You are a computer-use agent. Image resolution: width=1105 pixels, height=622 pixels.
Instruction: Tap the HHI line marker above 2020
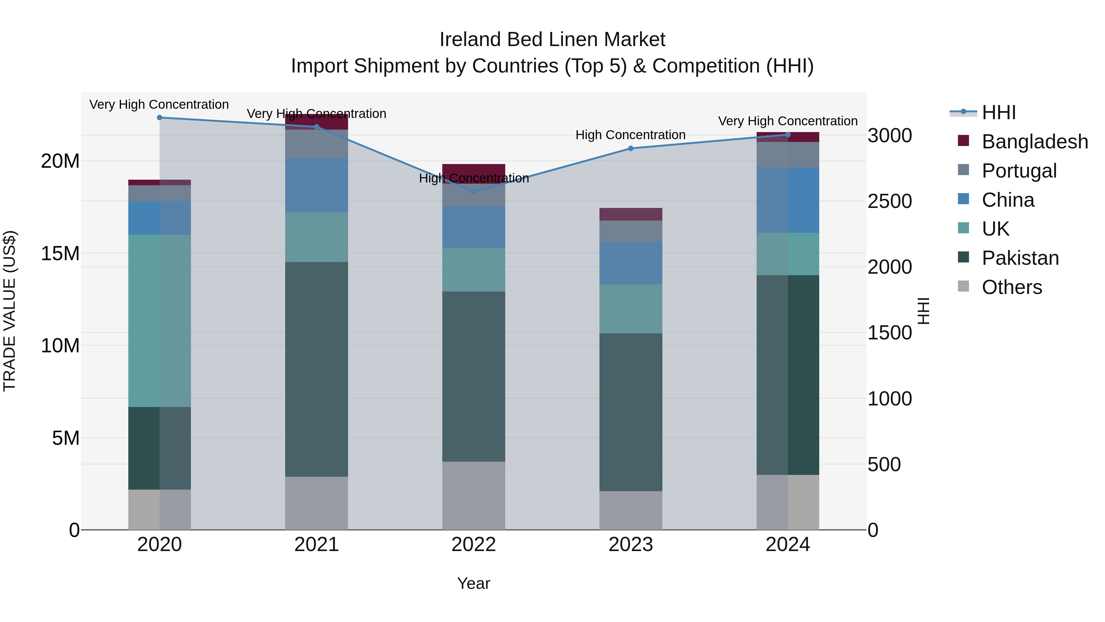click(x=160, y=118)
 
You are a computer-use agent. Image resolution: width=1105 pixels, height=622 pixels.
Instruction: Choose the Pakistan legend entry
click(x=1020, y=258)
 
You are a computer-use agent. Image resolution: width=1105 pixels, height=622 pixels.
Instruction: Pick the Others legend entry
click(x=1011, y=287)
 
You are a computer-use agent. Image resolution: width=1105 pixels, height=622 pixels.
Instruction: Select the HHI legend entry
click(x=998, y=112)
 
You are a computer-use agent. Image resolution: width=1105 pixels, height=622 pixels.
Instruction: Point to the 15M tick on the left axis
click(x=60, y=253)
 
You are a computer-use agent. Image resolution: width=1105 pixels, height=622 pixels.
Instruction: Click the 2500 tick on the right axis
click(x=890, y=201)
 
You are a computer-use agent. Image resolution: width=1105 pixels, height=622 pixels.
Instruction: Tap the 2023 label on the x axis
click(x=630, y=545)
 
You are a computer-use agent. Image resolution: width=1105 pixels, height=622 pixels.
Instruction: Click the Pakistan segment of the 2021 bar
click(x=316, y=369)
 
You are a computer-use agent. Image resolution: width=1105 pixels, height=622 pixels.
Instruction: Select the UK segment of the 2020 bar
click(x=160, y=321)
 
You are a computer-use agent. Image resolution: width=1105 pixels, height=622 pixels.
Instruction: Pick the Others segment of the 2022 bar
click(x=474, y=495)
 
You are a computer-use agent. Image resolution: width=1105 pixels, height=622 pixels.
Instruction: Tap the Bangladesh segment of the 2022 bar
click(x=474, y=169)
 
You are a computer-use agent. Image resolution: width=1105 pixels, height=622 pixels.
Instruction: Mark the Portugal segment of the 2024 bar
click(x=788, y=155)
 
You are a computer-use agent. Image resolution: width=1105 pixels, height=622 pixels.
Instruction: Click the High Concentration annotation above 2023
click(x=630, y=135)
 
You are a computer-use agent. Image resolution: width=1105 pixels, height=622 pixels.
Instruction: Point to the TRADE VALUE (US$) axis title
click(x=10, y=311)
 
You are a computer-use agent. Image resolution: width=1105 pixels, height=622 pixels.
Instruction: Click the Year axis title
click(x=474, y=583)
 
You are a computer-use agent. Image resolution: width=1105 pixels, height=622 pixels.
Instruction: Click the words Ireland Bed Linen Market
click(x=552, y=40)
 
